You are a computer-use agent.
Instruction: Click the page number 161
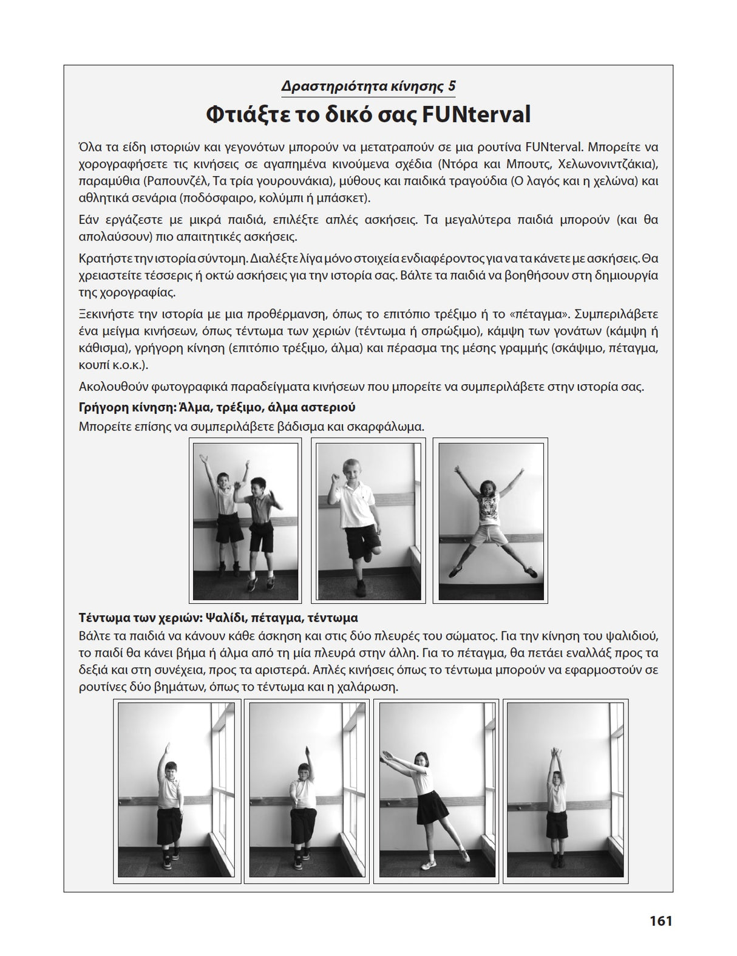(x=661, y=921)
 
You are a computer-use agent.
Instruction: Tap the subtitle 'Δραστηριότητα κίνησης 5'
(x=368, y=86)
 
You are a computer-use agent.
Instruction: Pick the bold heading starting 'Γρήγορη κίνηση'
(x=217, y=407)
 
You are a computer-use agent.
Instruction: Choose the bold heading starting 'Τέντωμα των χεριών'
(x=218, y=617)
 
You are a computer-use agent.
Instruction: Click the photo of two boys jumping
(x=245, y=521)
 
